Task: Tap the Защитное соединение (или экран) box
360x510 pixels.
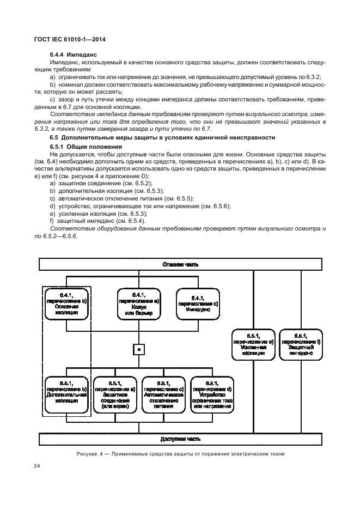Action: [115, 394]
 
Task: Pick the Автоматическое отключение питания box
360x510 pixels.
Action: [163, 394]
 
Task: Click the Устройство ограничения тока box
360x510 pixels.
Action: [212, 394]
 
